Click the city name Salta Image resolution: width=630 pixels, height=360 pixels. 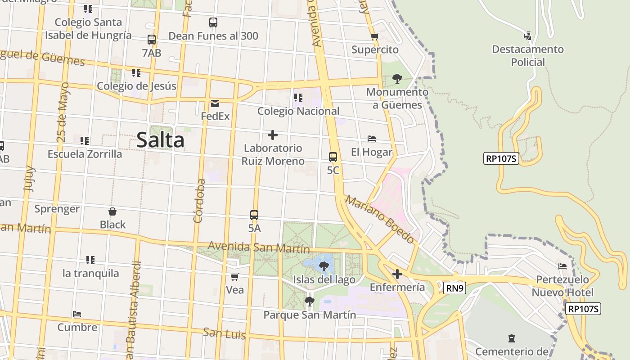coord(160,140)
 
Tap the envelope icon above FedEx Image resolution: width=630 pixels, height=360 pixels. coord(215,103)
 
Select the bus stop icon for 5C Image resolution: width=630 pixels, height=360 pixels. coord(333,157)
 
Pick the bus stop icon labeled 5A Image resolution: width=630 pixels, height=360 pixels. coord(254,215)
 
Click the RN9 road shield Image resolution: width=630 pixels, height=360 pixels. coord(454,288)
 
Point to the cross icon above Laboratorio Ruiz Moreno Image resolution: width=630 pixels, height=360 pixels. coord(272,135)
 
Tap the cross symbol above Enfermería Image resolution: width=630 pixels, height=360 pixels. coord(397,274)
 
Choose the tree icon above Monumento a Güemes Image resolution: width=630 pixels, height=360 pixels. coord(397,79)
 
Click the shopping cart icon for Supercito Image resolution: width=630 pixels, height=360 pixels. coord(374,36)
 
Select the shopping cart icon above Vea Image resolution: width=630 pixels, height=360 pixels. coord(234,277)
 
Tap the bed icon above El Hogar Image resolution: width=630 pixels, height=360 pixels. coord(372,139)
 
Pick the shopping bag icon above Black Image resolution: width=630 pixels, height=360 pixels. coord(112,211)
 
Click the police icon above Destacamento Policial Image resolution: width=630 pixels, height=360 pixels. coord(527,36)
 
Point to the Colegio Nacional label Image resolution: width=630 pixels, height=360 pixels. coord(298,111)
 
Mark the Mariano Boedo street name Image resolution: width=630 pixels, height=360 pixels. coord(379,219)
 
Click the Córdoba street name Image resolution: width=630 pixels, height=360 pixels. coord(199,201)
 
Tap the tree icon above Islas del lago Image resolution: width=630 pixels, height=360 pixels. coord(324,266)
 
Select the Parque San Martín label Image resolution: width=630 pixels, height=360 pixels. coord(310,315)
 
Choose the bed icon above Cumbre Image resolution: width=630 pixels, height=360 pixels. coord(77,314)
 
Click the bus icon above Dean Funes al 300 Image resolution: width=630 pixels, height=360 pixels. coord(213,22)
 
